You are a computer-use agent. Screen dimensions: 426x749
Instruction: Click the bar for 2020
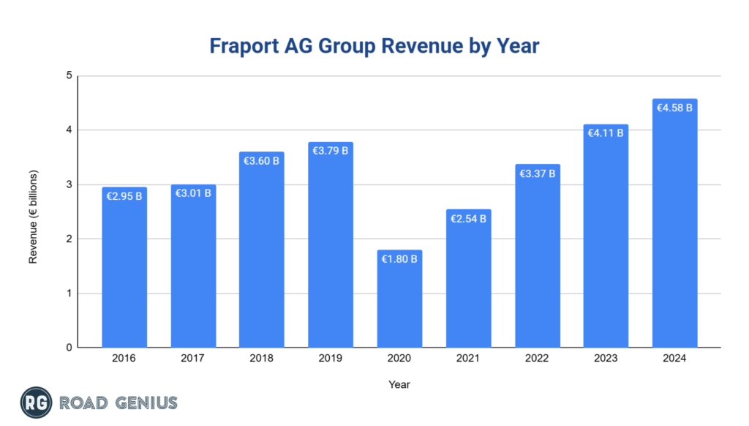399,300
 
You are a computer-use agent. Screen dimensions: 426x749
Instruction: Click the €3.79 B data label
331,151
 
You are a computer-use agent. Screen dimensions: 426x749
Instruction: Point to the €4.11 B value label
606,133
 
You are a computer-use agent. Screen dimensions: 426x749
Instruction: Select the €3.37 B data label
537,173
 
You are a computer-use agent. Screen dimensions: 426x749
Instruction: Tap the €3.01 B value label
193,193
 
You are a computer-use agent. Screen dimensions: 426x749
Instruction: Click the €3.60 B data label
262,161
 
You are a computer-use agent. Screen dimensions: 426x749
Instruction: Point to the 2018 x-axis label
262,359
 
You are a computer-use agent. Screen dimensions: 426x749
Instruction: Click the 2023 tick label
606,359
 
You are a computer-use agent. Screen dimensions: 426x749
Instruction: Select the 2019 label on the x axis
331,359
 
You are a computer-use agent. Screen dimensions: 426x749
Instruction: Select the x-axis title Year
399,384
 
